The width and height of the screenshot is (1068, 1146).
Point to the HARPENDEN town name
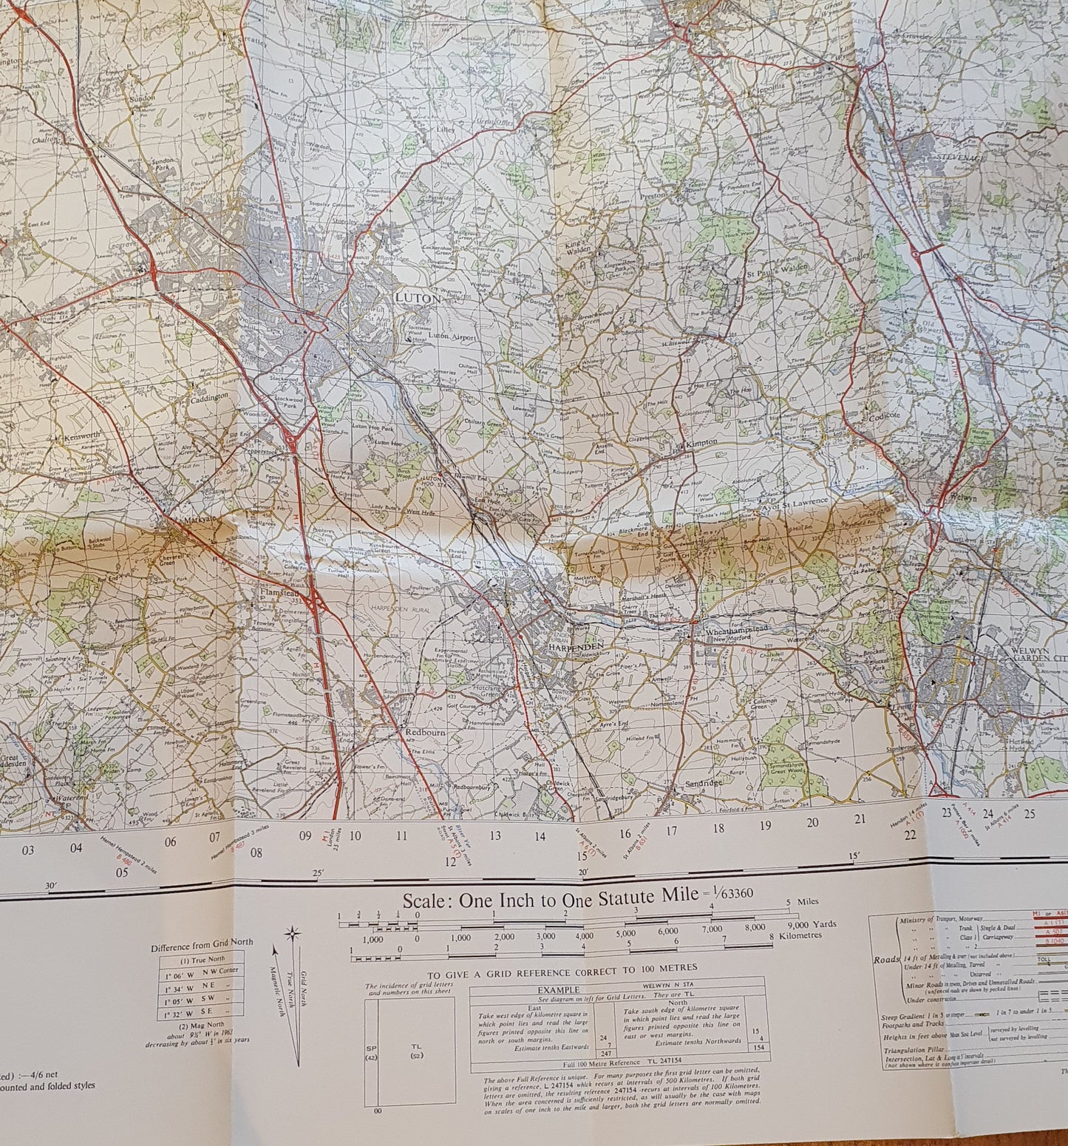pos(576,646)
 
